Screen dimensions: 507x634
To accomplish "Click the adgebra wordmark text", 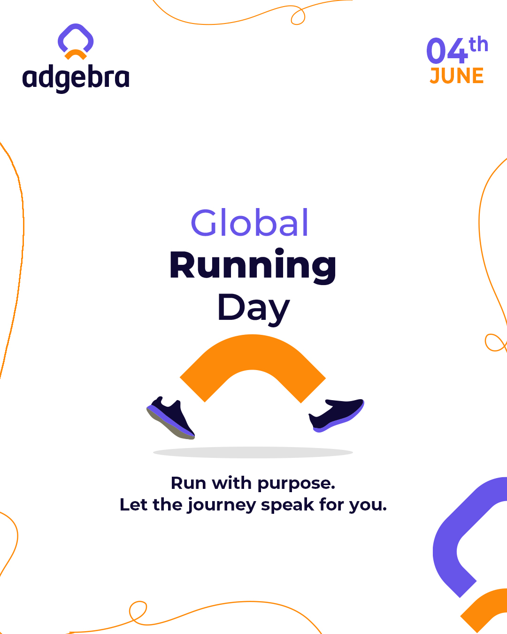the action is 76,78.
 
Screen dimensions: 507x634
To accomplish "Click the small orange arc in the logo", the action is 76,54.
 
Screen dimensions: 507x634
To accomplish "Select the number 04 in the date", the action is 447,51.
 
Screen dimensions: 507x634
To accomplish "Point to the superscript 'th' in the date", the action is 478,45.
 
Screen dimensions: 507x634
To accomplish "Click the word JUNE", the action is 457,76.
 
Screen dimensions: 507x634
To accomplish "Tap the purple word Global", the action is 250,223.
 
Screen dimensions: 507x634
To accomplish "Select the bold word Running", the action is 253,266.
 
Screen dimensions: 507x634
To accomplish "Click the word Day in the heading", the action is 253,309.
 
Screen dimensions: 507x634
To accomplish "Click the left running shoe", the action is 171,418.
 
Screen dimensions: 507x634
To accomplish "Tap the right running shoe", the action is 337,415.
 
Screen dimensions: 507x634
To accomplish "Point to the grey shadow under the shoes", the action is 253,452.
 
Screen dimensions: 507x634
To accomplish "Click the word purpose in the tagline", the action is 296,484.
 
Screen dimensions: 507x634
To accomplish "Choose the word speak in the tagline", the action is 287,505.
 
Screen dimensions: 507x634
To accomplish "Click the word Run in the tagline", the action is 189,483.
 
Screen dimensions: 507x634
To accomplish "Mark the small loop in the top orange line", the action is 298,16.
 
